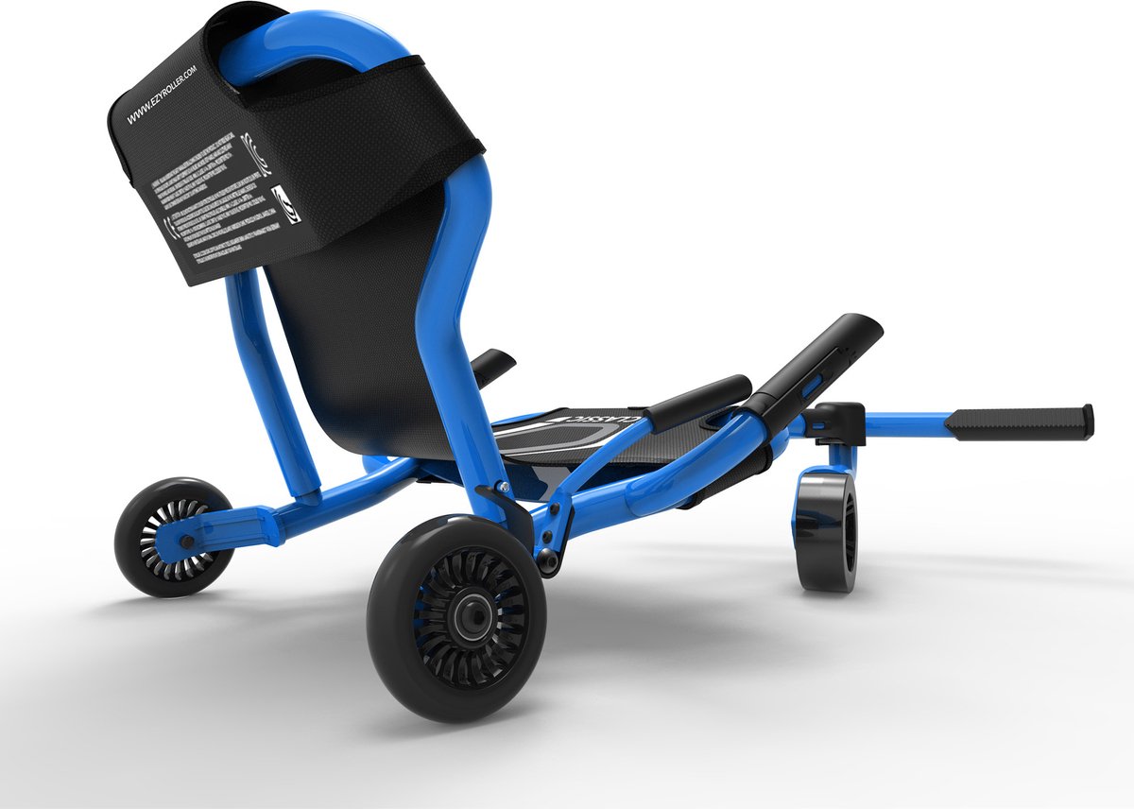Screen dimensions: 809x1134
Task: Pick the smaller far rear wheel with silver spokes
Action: [174, 536]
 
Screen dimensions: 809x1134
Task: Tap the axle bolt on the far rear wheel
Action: [183, 542]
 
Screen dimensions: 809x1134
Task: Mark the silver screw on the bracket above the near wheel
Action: [505, 486]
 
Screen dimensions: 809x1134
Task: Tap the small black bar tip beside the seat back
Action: [492, 365]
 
